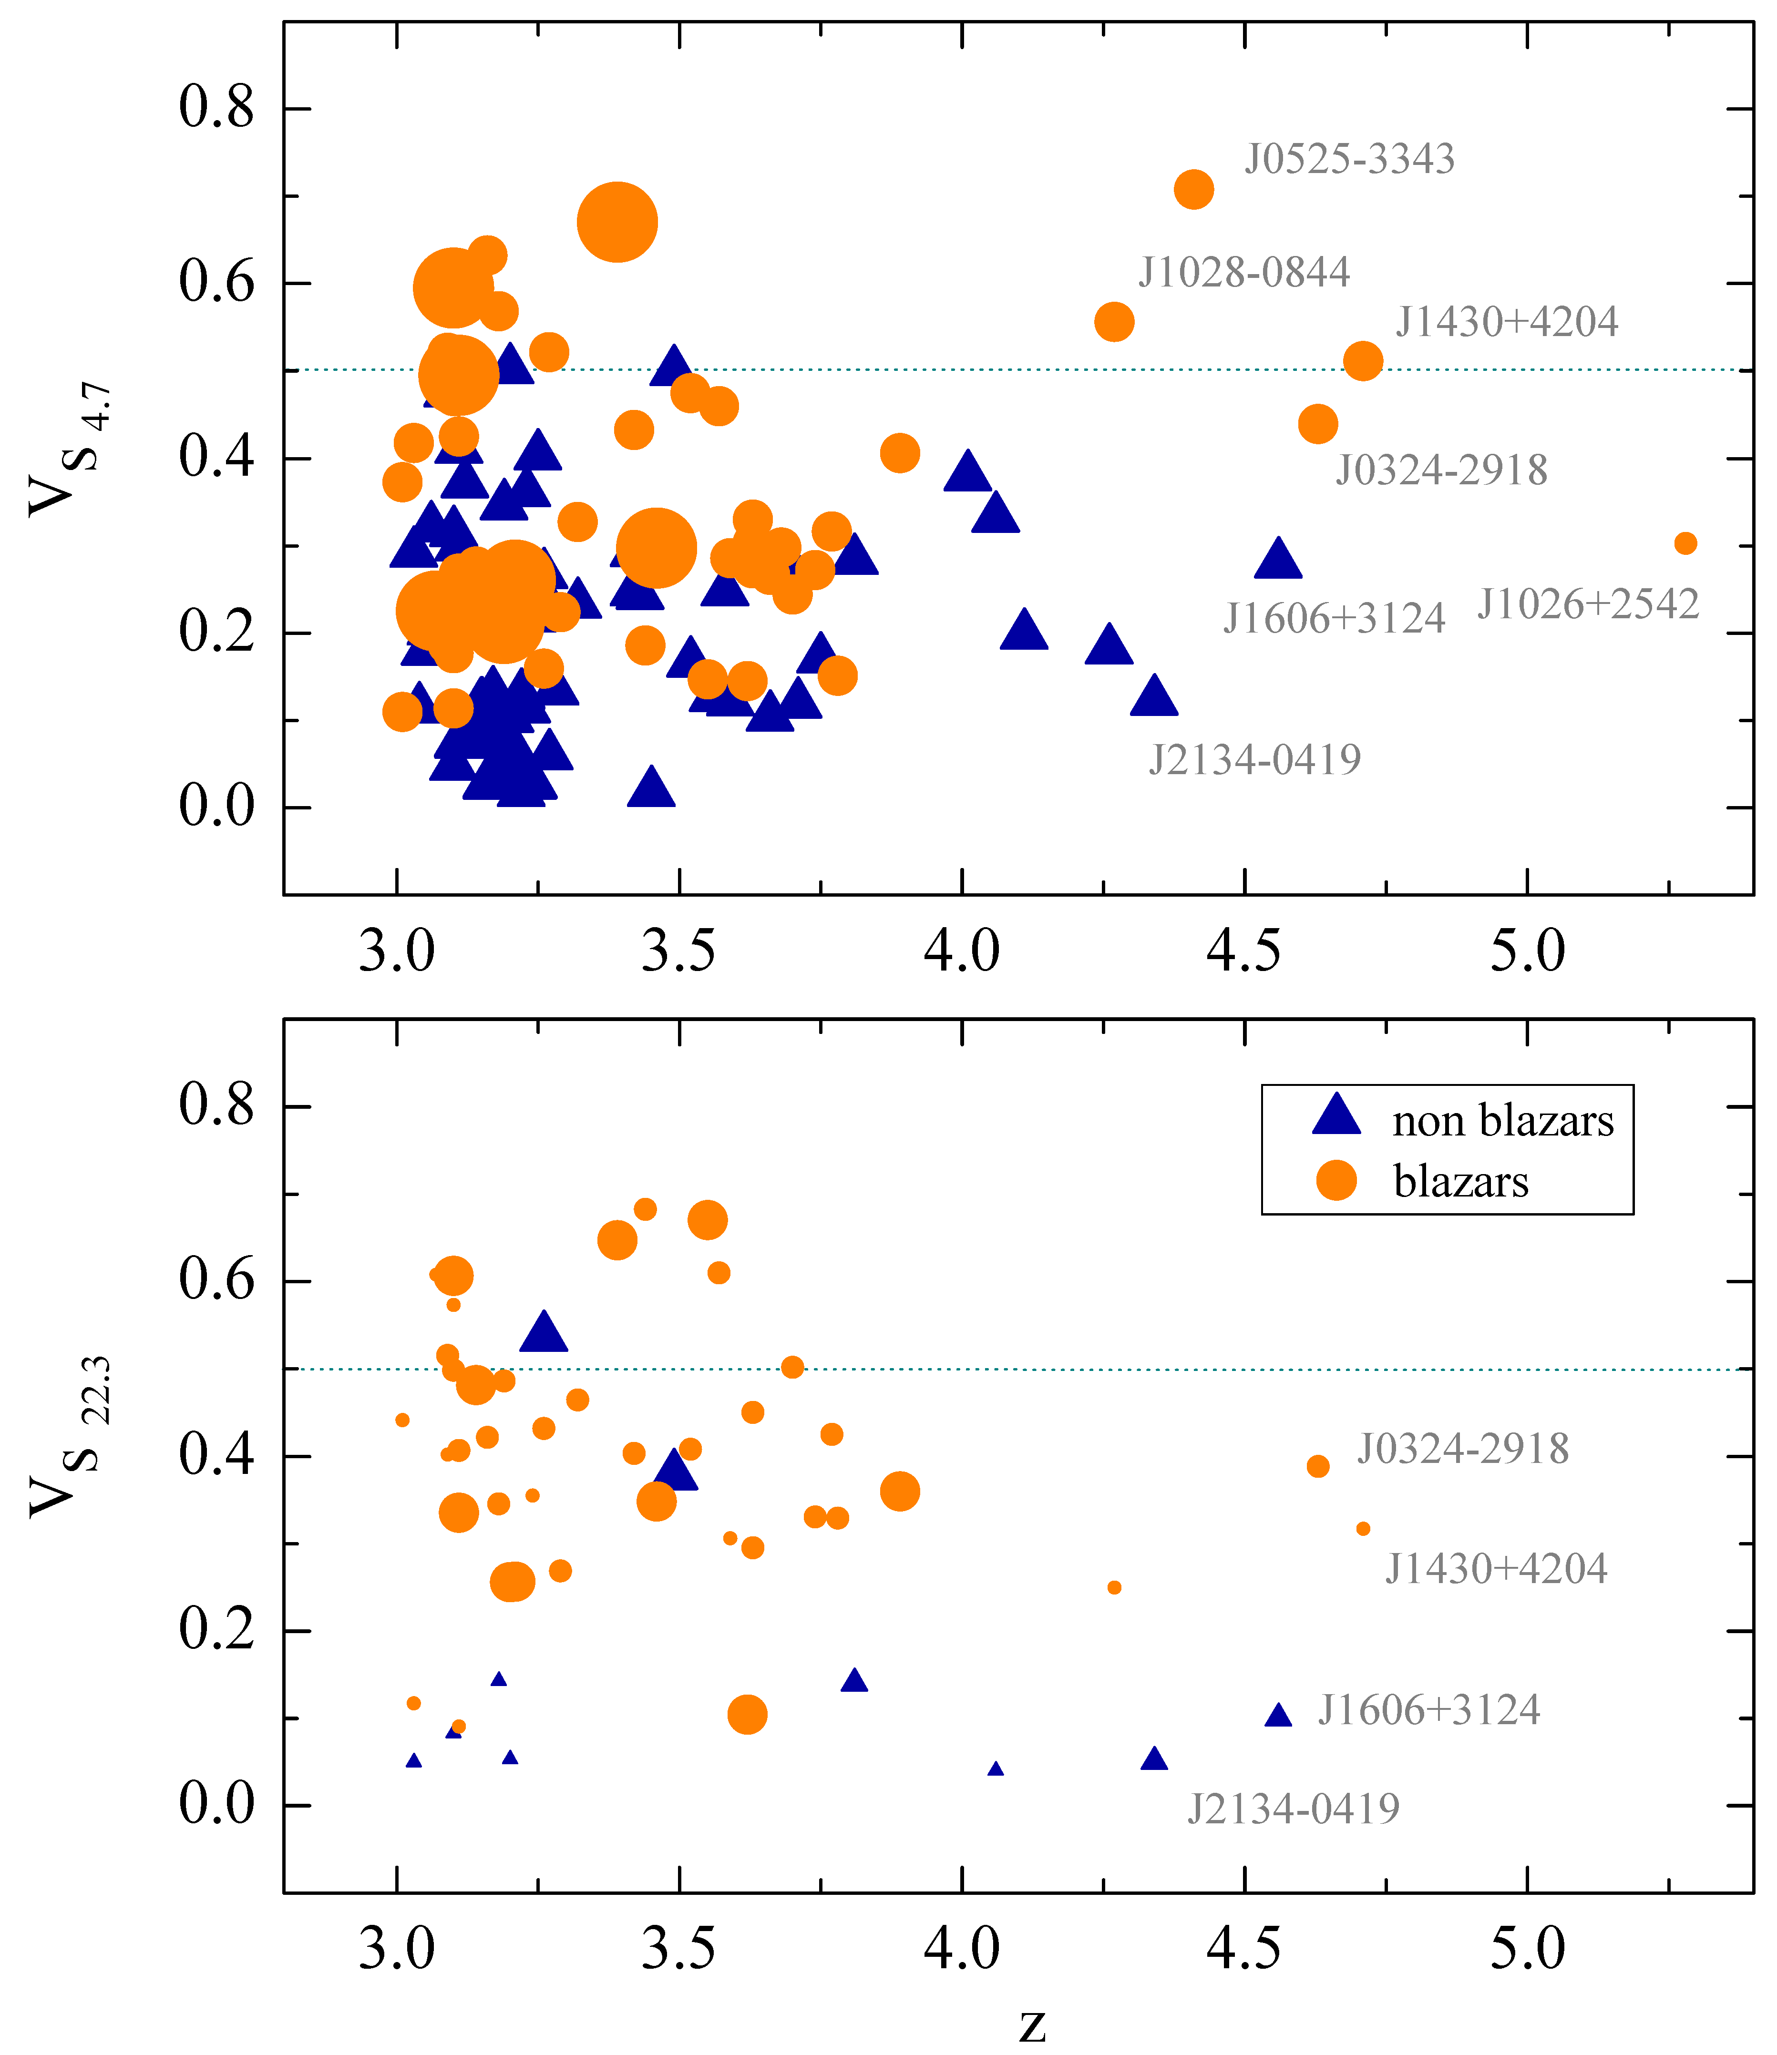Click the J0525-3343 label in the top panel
[x=1349, y=159]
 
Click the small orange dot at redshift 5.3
[x=1685, y=543]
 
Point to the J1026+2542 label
[x=1588, y=604]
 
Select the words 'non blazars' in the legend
[x=1502, y=1121]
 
